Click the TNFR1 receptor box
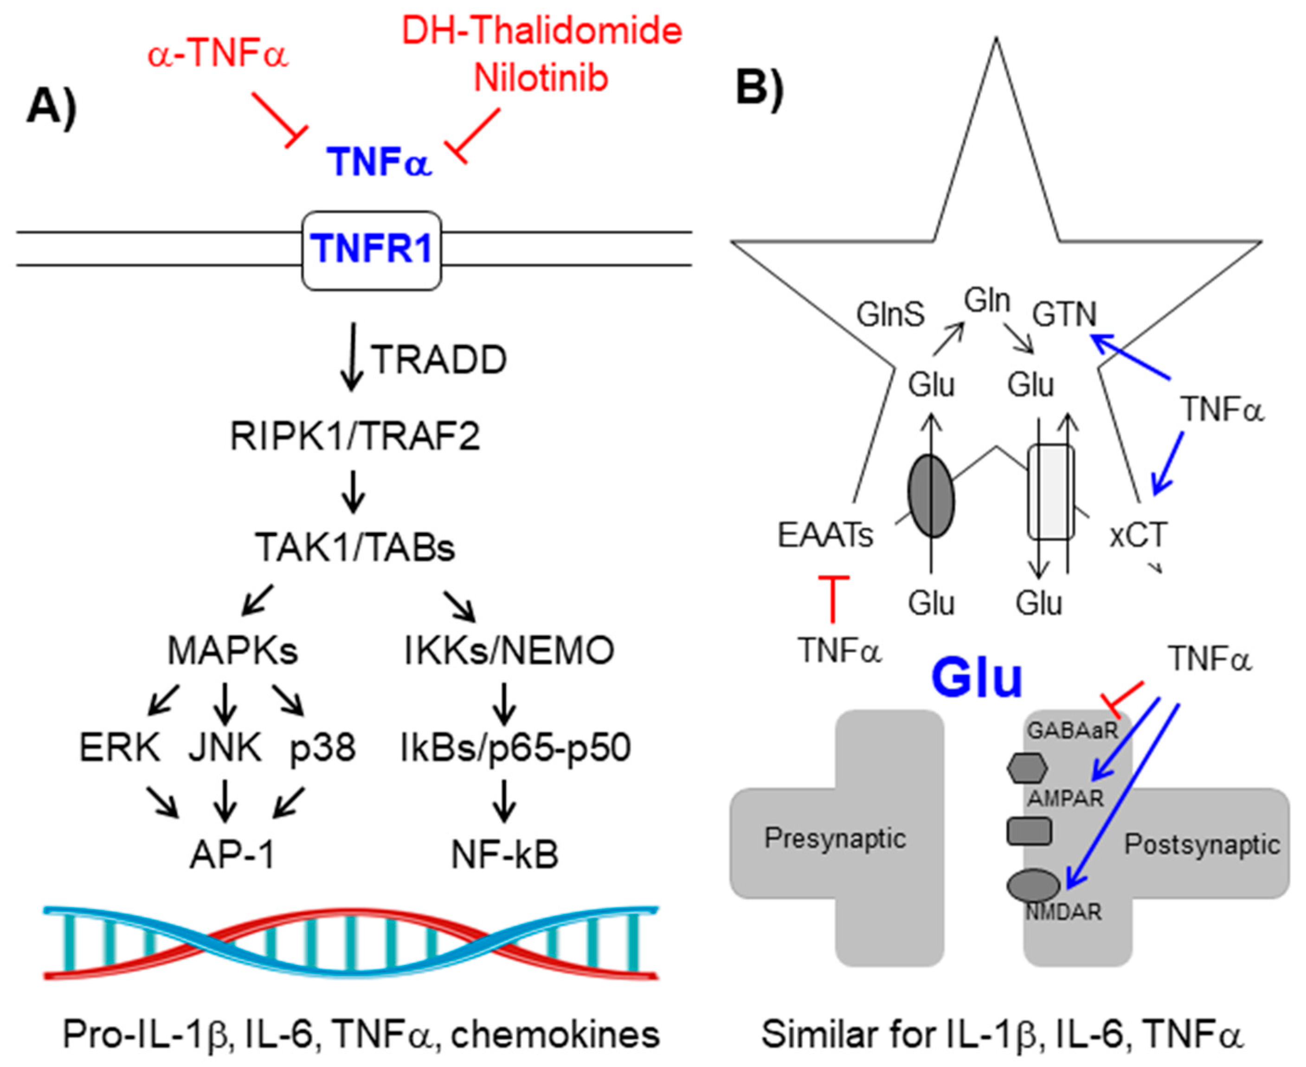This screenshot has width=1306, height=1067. [x=371, y=250]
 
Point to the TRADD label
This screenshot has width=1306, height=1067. [x=439, y=360]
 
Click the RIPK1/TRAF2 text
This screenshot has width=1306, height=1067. [x=354, y=436]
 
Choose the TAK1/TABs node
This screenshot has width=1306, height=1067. [x=354, y=547]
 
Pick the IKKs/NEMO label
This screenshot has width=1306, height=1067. [x=509, y=650]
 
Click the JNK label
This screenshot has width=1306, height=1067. [x=225, y=748]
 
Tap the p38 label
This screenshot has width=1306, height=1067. [x=322, y=748]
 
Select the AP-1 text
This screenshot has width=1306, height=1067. [x=232, y=855]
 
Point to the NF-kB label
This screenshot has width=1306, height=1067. [x=505, y=855]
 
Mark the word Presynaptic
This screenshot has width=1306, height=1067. [x=835, y=838]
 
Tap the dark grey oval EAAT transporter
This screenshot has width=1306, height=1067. [x=931, y=495]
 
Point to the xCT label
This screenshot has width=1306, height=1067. [x=1138, y=535]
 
